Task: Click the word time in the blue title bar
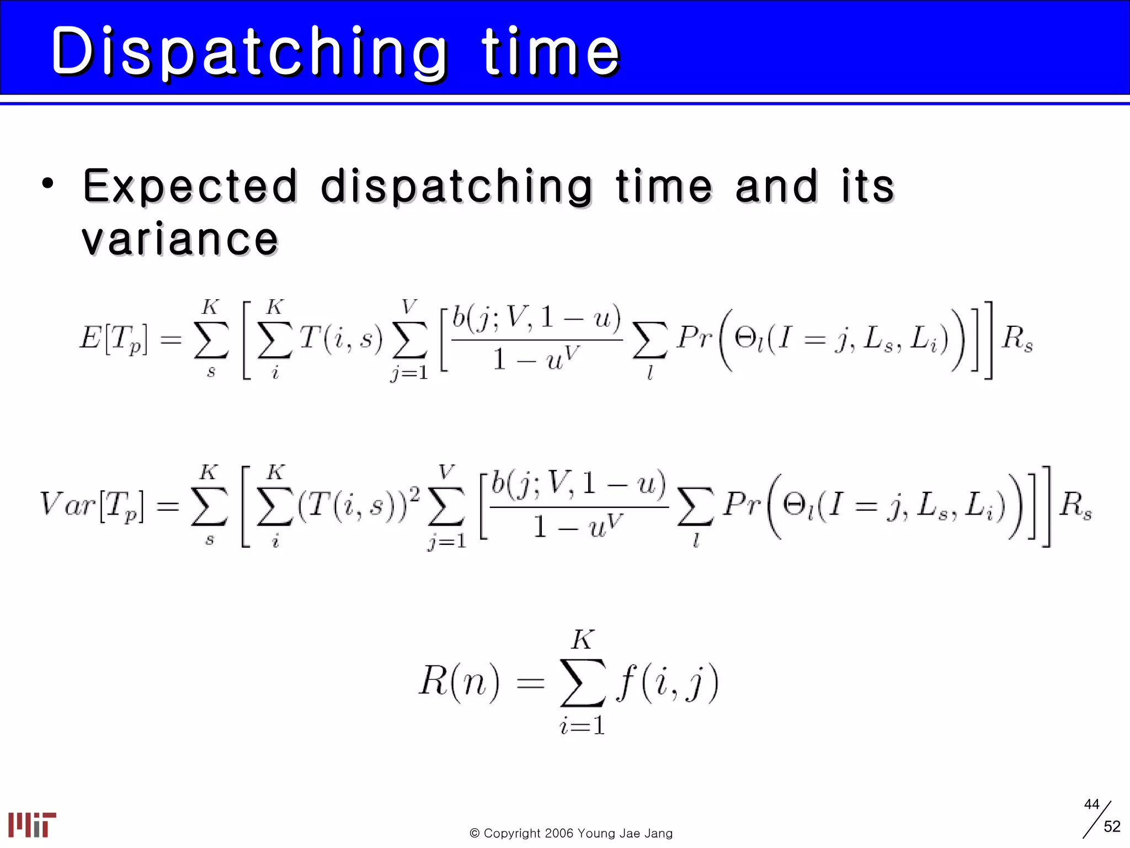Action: [551, 52]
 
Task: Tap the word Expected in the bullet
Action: [190, 186]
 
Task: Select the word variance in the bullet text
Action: [180, 239]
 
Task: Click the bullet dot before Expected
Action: [48, 184]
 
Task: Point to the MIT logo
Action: [32, 824]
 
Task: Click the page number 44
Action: [1091, 804]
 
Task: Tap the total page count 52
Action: [1112, 826]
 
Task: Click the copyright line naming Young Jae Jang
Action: [571, 833]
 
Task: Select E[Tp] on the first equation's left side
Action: [114, 338]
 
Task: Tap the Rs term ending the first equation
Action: [1017, 338]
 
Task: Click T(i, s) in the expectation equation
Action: [341, 338]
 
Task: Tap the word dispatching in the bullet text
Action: [457, 186]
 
